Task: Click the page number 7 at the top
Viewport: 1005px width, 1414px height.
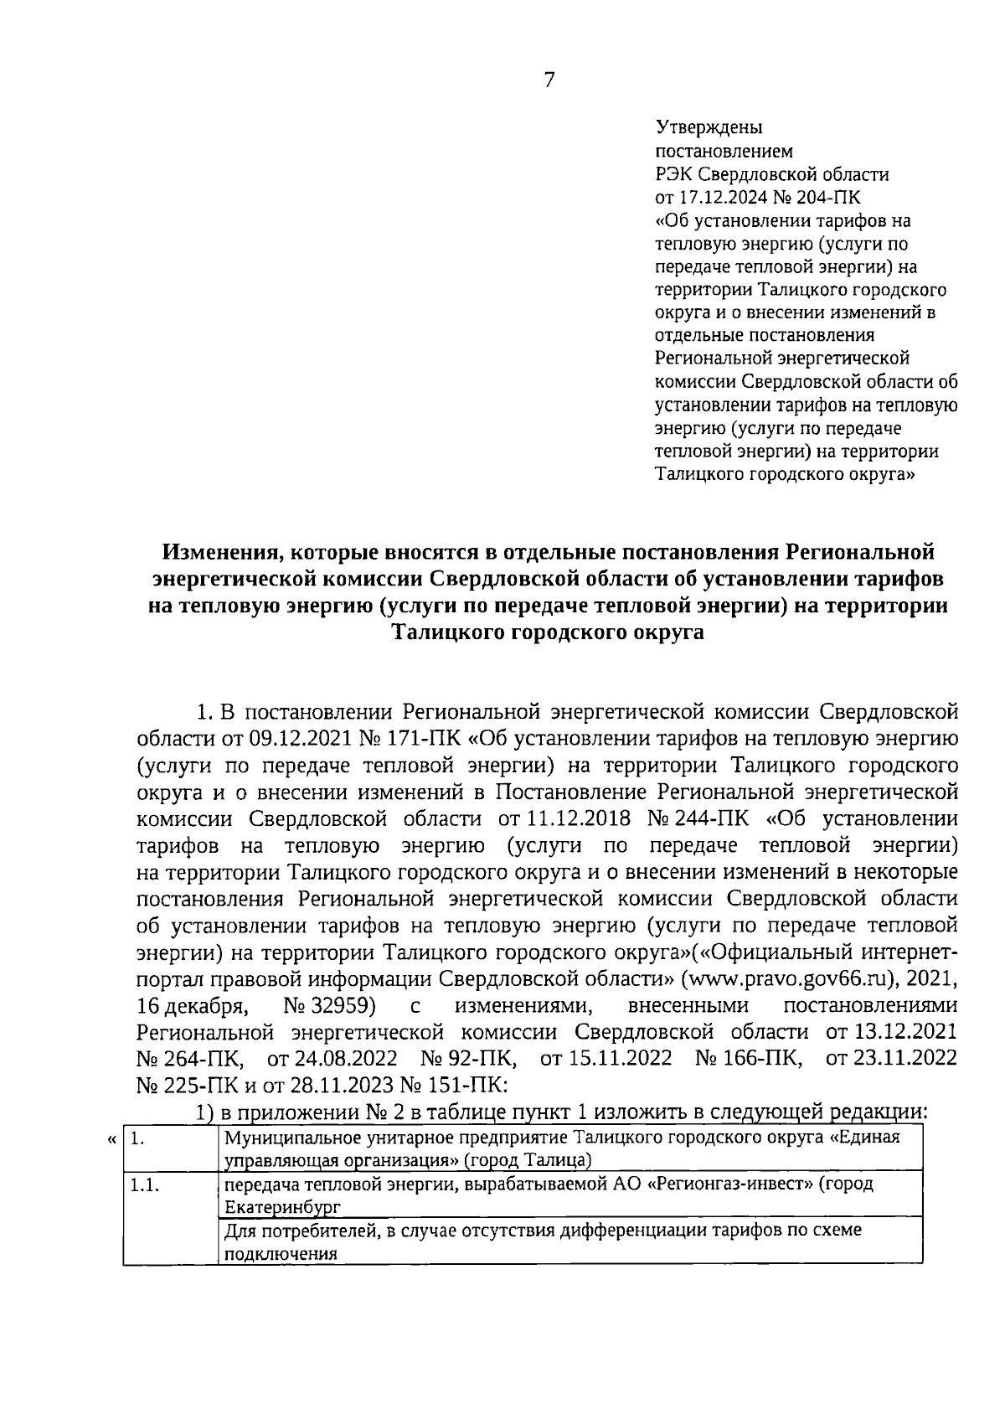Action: (549, 80)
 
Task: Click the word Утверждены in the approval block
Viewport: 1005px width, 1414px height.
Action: (708, 129)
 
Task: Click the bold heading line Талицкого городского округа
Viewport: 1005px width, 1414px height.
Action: (549, 632)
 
